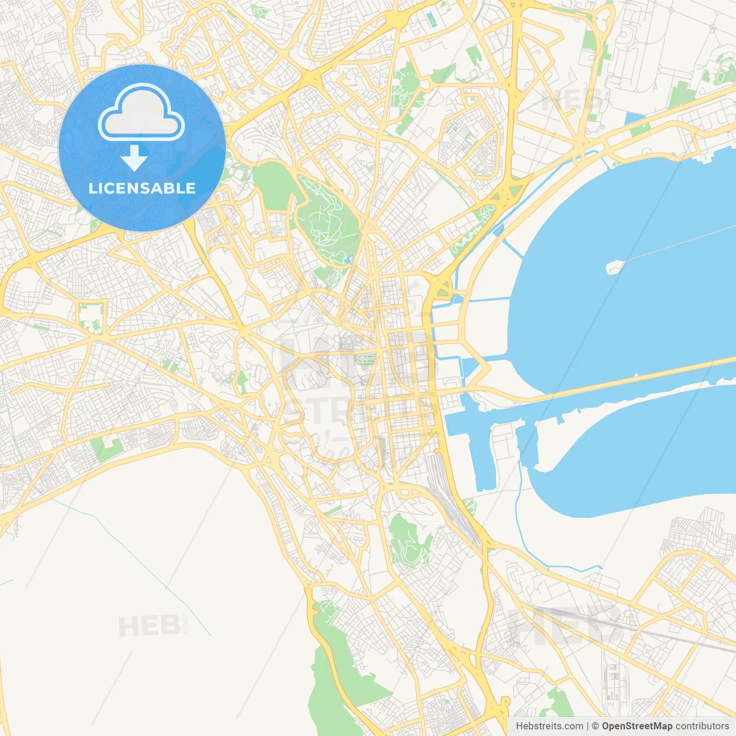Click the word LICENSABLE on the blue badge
[142, 188]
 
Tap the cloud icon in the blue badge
[141, 113]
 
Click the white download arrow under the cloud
[135, 158]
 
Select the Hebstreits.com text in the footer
[549, 726]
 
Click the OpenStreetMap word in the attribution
[637, 726]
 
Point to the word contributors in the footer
[701, 726]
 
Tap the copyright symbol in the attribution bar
[595, 726]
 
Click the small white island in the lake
[615, 266]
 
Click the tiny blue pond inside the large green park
[348, 260]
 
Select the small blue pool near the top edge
[431, 18]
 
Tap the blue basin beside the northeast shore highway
[634, 120]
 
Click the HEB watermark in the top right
[572, 101]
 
